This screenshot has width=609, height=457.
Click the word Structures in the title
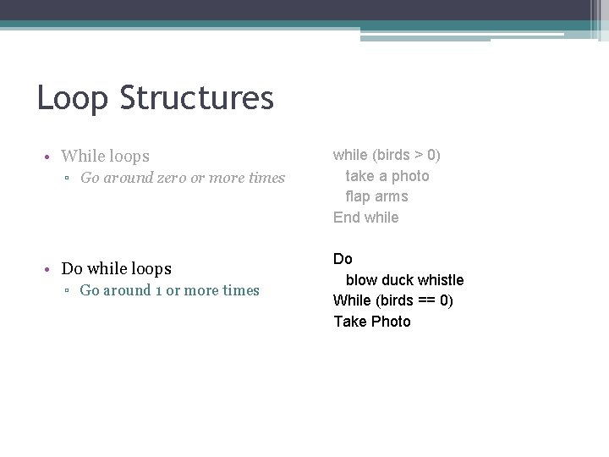(x=197, y=98)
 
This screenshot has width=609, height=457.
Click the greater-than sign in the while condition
(x=419, y=155)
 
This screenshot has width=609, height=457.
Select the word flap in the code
(x=359, y=196)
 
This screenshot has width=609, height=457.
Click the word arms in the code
(x=392, y=196)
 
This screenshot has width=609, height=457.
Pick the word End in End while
(x=346, y=217)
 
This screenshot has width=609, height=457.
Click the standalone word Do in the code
(x=343, y=258)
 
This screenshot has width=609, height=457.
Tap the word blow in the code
(x=361, y=279)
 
